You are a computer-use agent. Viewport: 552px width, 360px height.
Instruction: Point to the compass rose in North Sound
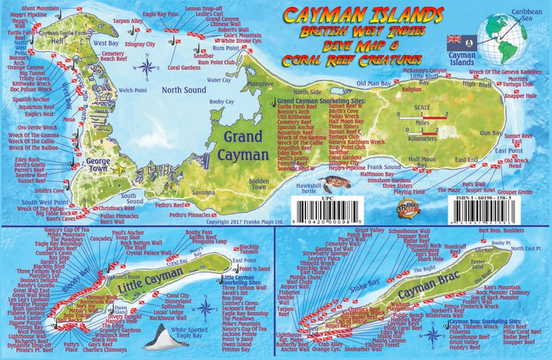(147, 67)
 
